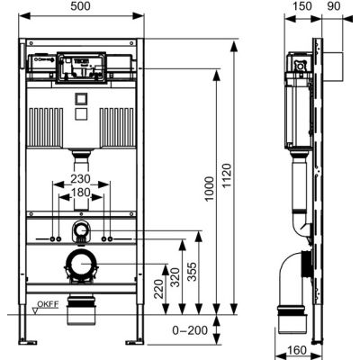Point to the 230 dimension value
pos(81,179)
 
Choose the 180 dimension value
pos(81,193)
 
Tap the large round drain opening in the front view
pos(81,265)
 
